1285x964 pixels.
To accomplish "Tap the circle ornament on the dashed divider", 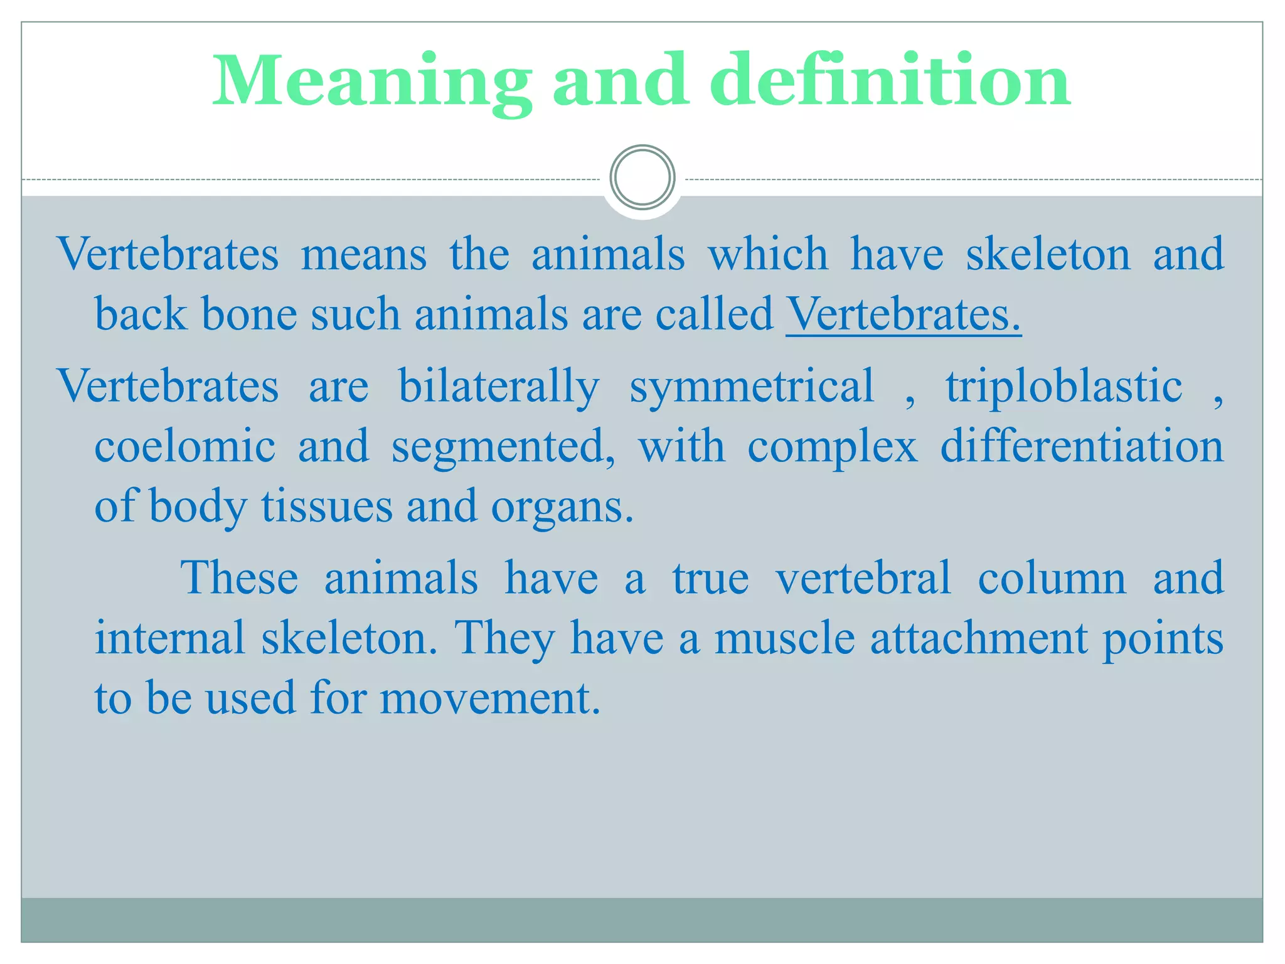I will tap(642, 178).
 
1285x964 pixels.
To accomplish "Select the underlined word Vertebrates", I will tap(903, 314).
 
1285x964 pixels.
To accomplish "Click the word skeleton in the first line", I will tap(1047, 254).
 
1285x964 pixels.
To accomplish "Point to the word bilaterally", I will tap(499, 386).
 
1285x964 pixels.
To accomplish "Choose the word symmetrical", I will tap(752, 386).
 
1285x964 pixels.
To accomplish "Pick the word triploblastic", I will tap(1064, 386).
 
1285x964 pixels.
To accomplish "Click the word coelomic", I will tap(184, 446).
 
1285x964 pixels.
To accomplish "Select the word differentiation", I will tap(1082, 446).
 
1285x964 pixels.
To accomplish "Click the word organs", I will tap(562, 507).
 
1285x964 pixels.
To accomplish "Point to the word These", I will tap(239, 578).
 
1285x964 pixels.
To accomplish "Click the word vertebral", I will tap(863, 578).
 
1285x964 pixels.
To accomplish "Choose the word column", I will tap(1052, 578).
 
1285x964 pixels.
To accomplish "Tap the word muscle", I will tap(784, 638).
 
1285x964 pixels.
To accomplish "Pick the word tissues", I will tap(326, 506).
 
